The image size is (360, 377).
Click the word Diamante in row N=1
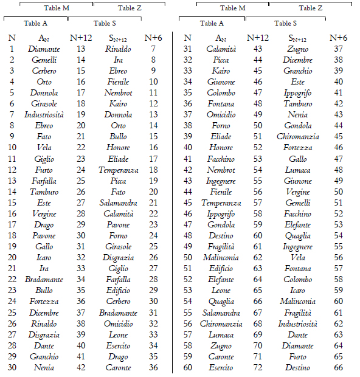coord(44,49)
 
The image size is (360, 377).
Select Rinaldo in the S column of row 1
coord(118,49)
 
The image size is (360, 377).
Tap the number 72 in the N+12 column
coord(258,368)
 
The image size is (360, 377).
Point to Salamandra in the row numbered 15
coord(118,202)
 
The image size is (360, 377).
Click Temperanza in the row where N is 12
coord(118,170)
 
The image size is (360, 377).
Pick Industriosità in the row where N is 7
coord(44,115)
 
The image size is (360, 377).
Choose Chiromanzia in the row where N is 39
coord(297,137)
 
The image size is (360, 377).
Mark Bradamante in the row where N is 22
coord(44,280)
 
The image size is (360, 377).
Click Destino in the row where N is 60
coord(297,368)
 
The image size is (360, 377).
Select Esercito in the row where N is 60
coord(221,368)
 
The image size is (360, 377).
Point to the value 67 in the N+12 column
coord(258,313)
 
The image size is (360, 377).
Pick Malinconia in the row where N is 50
coord(221,258)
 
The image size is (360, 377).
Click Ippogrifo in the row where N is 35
coord(297,93)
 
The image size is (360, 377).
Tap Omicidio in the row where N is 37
coord(221,115)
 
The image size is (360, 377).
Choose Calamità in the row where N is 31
coord(221,49)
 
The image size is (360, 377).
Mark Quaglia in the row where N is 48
coord(297,236)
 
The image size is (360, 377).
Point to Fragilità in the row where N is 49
coord(221,247)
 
